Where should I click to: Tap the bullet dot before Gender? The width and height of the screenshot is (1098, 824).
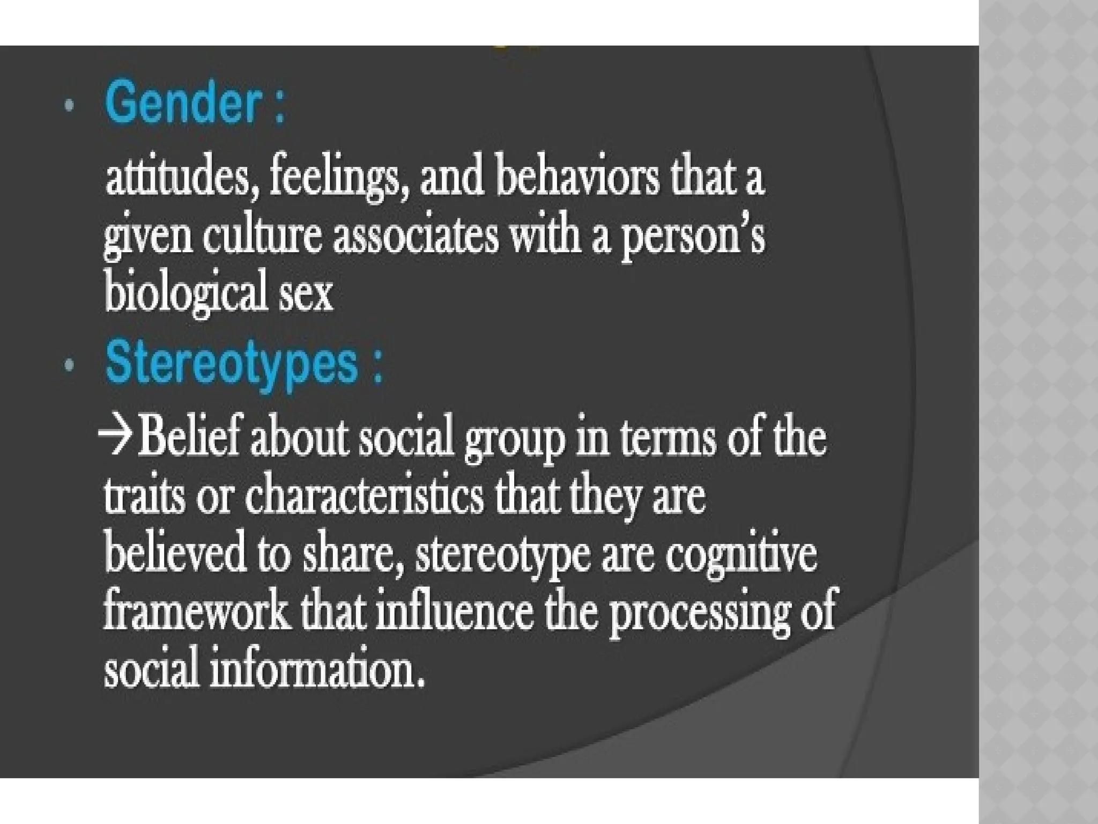[x=68, y=107]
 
